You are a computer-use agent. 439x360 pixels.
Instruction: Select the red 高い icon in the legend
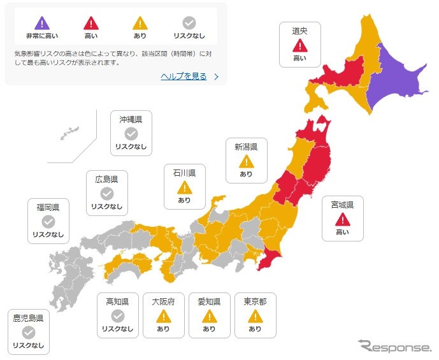90,24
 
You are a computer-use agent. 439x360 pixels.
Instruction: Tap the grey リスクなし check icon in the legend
189,24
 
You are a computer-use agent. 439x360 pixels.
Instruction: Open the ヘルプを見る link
184,76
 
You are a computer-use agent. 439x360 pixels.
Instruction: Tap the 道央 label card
299,44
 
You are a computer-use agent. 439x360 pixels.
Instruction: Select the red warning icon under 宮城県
342,219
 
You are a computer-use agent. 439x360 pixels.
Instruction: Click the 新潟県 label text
246,147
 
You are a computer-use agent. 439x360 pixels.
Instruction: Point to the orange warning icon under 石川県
184,187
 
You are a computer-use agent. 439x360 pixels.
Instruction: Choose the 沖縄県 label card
131,133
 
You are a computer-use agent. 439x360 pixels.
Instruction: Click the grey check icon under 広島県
107,193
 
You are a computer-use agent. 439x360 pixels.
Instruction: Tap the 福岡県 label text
48,208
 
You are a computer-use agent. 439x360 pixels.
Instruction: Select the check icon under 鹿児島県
29,333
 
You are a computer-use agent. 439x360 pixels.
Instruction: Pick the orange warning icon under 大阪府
164,316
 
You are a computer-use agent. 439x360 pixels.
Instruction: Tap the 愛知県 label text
209,301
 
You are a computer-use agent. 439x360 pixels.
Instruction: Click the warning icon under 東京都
255,316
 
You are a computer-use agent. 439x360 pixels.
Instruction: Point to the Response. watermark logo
394,347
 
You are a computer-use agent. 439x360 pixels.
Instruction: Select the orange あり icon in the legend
140,24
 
